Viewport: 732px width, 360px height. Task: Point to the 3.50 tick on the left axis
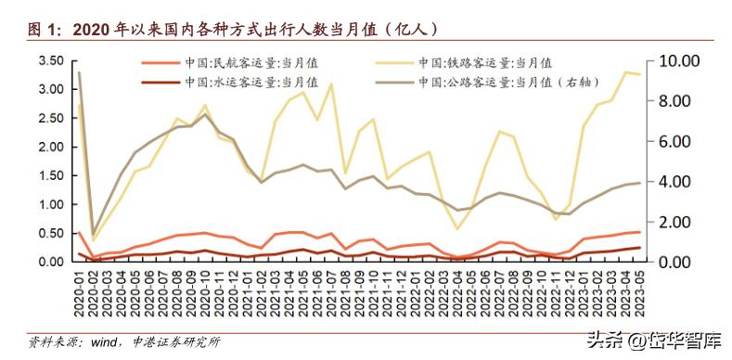[x=51, y=61]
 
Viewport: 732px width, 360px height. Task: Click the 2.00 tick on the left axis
[x=51, y=148]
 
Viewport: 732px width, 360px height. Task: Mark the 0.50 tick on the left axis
[x=51, y=234]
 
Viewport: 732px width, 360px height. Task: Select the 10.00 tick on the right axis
[x=677, y=61]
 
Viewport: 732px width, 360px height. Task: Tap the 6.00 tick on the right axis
[x=677, y=142]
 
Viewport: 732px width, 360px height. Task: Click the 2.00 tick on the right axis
[x=677, y=222]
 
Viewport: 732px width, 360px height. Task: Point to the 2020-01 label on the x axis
[x=79, y=289]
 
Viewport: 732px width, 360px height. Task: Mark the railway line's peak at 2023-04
[x=623, y=71]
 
